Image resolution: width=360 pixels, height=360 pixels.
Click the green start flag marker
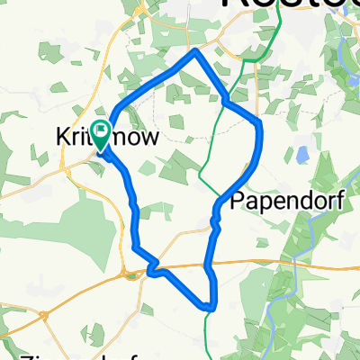click(100, 135)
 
